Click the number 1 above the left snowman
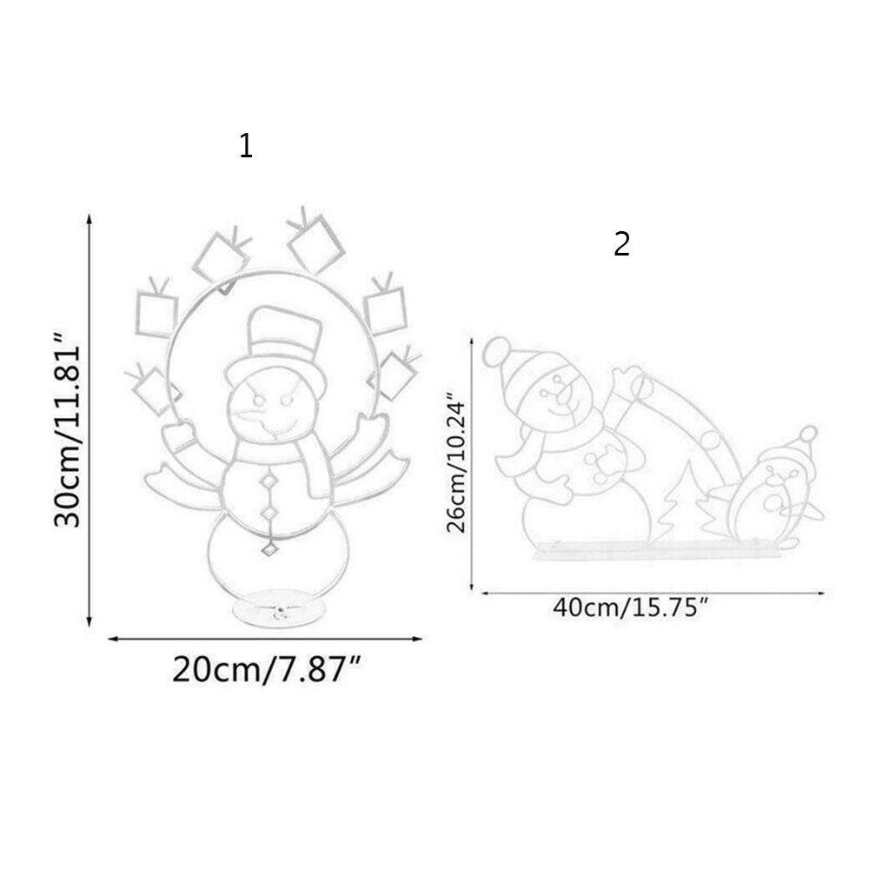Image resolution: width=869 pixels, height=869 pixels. pos(246,146)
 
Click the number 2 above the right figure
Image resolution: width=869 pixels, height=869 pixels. pos(622,244)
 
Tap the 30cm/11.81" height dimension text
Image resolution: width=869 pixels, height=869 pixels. pos(67,429)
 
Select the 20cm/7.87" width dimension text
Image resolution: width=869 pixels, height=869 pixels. pos(267,669)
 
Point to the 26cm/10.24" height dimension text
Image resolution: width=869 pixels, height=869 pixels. pos(458,463)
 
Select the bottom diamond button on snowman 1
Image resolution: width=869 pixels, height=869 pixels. pos(270,548)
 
